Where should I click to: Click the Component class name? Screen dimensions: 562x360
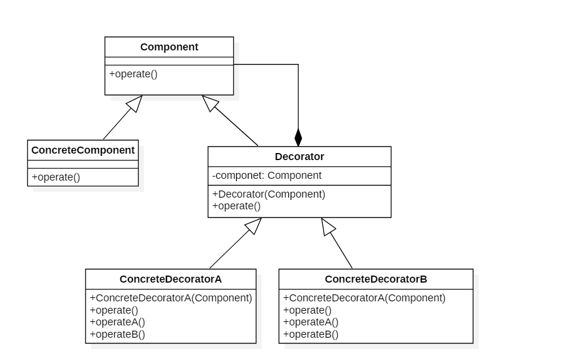(169, 47)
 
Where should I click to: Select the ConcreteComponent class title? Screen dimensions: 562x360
(83, 150)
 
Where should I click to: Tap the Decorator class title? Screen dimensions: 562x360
(299, 157)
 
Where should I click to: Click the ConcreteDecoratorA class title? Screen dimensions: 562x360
(171, 279)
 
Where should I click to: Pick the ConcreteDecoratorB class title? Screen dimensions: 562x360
(376, 279)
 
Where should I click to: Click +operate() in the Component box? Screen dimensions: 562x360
(134, 74)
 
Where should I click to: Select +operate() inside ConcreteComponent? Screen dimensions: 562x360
(56, 178)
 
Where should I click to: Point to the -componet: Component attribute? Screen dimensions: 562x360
(267, 176)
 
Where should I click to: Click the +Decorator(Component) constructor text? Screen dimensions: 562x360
(269, 194)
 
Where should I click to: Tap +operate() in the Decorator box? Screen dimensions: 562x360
(237, 206)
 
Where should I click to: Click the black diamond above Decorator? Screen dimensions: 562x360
(298, 138)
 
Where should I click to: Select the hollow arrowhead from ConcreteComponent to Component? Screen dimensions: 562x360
(135, 104)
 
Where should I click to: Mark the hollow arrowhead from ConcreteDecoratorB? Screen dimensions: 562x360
(328, 227)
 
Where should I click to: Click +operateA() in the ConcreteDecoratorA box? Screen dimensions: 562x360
(118, 322)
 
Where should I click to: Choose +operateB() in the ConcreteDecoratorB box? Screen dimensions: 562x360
(311, 335)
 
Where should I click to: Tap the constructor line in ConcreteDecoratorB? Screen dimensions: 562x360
(364, 298)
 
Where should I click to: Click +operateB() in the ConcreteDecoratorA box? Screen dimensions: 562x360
(118, 335)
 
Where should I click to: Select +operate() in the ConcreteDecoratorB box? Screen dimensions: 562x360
(307, 311)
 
